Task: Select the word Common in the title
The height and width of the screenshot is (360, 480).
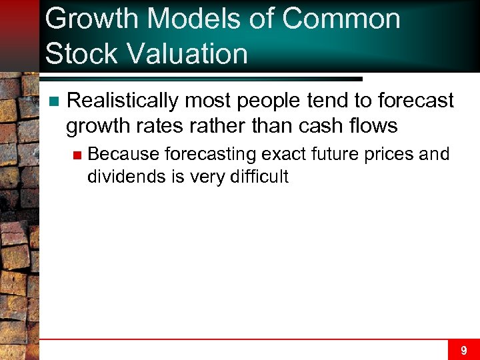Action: pyautogui.click(x=341, y=19)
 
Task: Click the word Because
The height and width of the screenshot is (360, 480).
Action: pyautogui.click(x=123, y=155)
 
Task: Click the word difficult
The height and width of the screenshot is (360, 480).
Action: pyautogui.click(x=257, y=176)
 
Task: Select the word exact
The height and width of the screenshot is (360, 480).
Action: pyautogui.click(x=282, y=155)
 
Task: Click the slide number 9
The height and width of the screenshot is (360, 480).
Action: pyautogui.click(x=463, y=349)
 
